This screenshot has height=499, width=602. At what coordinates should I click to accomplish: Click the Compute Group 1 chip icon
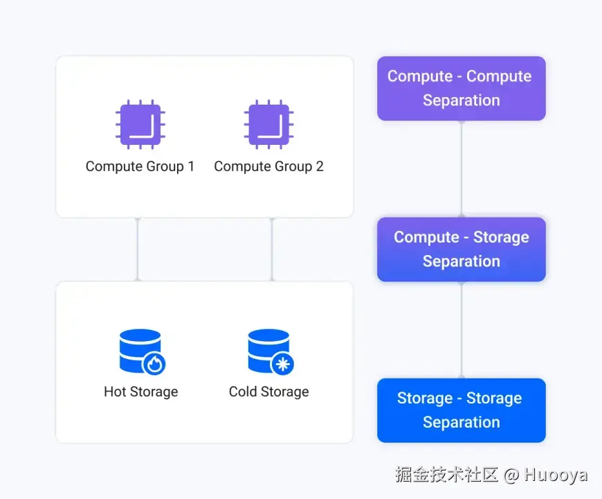[140, 125]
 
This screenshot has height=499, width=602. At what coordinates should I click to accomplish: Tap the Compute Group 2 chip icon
[268, 125]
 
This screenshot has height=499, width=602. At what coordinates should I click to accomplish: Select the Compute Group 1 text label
[140, 166]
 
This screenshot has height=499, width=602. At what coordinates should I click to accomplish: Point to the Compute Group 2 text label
[268, 166]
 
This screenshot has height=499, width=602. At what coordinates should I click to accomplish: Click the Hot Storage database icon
[140, 350]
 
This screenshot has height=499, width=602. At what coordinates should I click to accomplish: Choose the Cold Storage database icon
[269, 350]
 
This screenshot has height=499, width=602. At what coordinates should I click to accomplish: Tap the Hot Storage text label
[140, 392]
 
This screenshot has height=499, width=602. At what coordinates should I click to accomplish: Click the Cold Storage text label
[268, 392]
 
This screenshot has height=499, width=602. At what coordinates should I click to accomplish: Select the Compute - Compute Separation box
[461, 88]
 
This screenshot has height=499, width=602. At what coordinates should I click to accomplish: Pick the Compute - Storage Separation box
[461, 249]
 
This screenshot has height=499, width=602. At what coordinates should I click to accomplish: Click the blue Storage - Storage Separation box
[461, 410]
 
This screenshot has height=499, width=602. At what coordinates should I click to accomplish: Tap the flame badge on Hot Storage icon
[154, 362]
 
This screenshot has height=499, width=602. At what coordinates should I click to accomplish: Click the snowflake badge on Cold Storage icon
[282, 362]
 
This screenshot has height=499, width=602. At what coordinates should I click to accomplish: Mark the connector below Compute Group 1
[138, 249]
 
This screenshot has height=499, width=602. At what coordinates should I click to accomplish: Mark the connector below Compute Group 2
[272, 249]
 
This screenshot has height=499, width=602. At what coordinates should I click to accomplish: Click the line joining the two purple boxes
[462, 168]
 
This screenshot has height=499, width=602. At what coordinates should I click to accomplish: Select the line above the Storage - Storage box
[462, 330]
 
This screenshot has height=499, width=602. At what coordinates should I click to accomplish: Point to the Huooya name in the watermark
[556, 475]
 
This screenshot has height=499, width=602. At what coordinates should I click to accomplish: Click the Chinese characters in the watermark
[447, 475]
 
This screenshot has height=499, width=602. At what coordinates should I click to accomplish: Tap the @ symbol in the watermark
[511, 475]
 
